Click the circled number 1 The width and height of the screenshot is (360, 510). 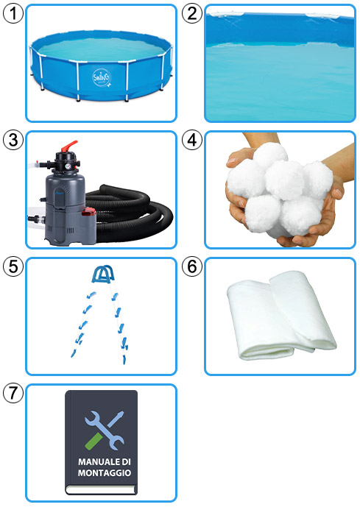(x=13, y=13)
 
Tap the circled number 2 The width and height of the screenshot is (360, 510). (x=192, y=13)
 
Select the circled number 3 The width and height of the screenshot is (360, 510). (x=13, y=140)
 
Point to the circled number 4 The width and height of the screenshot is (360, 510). (x=192, y=140)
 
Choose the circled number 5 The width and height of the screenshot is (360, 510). (x=13, y=266)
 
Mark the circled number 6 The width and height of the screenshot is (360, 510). (x=192, y=266)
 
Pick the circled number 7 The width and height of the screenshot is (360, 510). (x=13, y=393)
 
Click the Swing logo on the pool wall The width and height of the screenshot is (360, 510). (x=102, y=78)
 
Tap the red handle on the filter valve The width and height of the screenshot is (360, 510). (x=69, y=146)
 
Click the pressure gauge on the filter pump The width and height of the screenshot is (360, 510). (x=68, y=166)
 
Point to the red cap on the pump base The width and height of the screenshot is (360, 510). (x=88, y=213)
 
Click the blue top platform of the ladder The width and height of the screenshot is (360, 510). (x=103, y=275)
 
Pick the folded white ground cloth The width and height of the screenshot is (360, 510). (x=280, y=316)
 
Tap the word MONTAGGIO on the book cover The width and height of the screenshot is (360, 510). (x=105, y=472)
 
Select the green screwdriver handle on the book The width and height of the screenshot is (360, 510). (x=93, y=441)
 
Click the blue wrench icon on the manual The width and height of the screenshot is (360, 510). (x=104, y=430)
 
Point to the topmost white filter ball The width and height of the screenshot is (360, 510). (x=271, y=156)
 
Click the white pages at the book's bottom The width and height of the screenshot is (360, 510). (x=101, y=490)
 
